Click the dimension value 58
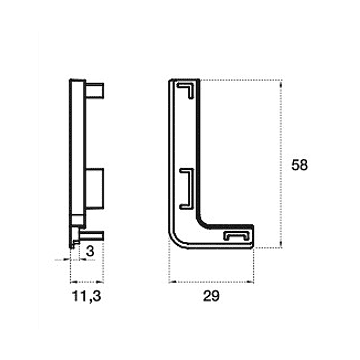(299, 165)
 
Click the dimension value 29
(211, 296)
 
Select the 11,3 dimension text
(86, 296)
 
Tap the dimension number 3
(90, 251)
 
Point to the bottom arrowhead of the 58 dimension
(281, 244)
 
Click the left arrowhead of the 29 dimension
(172, 282)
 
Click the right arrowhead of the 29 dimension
(250, 282)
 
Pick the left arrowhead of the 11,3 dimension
(73, 282)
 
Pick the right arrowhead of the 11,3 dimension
(100, 282)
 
